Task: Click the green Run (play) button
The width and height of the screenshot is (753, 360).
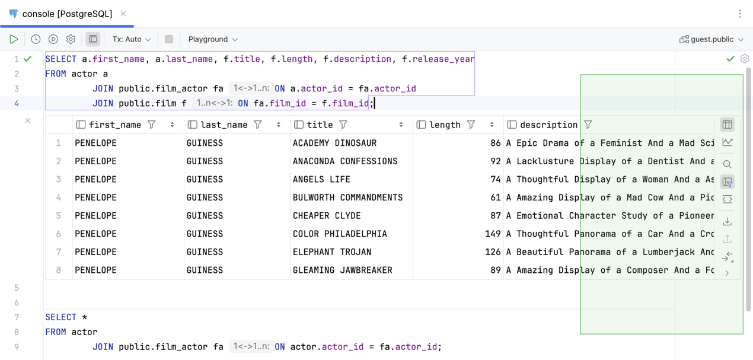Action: click(x=14, y=39)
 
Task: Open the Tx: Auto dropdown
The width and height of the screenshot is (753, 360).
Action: click(x=132, y=39)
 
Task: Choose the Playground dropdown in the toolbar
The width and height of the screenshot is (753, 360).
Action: click(x=213, y=39)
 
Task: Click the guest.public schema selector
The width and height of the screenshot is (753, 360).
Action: click(x=711, y=39)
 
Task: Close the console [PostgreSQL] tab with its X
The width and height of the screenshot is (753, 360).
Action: click(x=123, y=14)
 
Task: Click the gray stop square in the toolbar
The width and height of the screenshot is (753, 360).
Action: click(x=169, y=39)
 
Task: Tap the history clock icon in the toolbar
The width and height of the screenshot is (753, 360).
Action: click(x=36, y=39)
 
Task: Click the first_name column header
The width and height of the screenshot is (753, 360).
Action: click(x=115, y=125)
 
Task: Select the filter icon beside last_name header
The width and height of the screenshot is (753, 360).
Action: click(x=257, y=125)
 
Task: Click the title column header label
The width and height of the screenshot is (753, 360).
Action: click(x=320, y=125)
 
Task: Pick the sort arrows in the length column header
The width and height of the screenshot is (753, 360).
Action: click(x=492, y=125)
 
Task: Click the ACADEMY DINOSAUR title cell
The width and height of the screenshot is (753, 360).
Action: click(x=334, y=143)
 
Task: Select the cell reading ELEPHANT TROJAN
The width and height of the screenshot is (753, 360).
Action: click(x=332, y=252)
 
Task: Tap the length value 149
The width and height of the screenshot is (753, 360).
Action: click(x=493, y=234)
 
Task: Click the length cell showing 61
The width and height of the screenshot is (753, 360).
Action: click(x=496, y=197)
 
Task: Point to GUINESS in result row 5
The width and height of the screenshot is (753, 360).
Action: click(x=205, y=216)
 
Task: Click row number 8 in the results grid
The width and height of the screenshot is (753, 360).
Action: click(x=59, y=270)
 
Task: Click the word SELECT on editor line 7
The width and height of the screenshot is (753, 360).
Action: click(x=61, y=317)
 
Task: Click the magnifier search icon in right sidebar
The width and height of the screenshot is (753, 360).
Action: click(x=727, y=164)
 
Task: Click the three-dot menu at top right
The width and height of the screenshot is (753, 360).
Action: click(x=740, y=14)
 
